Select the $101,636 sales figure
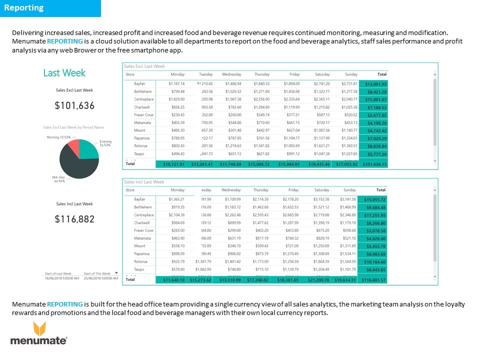coord(74,105)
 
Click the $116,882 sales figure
coord(74,219)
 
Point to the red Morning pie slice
coord(73,147)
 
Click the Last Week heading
coord(64,73)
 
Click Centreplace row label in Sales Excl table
coord(143,99)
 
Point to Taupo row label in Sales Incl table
coord(140,269)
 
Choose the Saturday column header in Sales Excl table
coord(321,74)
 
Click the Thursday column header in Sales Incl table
coord(260,190)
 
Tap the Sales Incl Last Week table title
coord(144,182)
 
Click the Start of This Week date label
coord(97,274)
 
